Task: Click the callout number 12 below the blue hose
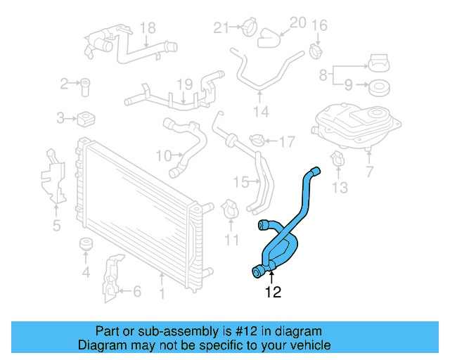click(x=273, y=292)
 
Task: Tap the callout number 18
click(x=147, y=28)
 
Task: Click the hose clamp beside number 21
click(x=247, y=30)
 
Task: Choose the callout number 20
click(x=298, y=23)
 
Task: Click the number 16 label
click(x=319, y=26)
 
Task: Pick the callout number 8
click(x=323, y=74)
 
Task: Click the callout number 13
click(x=340, y=187)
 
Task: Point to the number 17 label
click(x=286, y=142)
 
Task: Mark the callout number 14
click(x=261, y=112)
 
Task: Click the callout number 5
click(x=56, y=225)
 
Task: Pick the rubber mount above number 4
click(x=86, y=245)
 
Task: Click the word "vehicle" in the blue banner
click(x=306, y=345)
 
